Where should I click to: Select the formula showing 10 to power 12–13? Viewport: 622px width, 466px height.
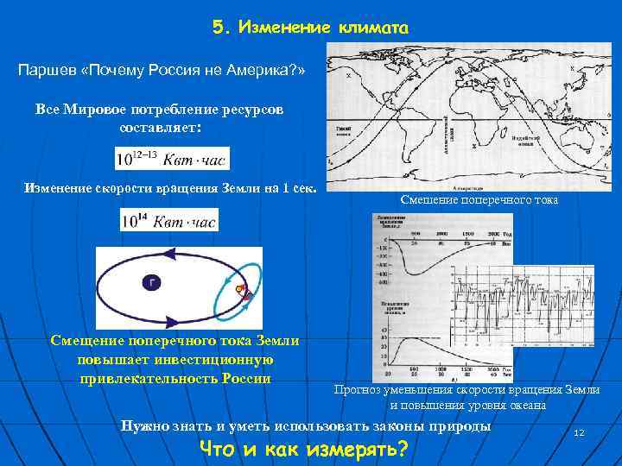click(171, 158)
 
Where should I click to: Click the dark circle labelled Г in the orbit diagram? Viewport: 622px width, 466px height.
click(153, 282)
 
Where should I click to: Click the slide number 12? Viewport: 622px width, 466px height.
click(579, 431)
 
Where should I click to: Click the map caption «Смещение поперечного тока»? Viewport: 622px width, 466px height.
click(479, 199)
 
